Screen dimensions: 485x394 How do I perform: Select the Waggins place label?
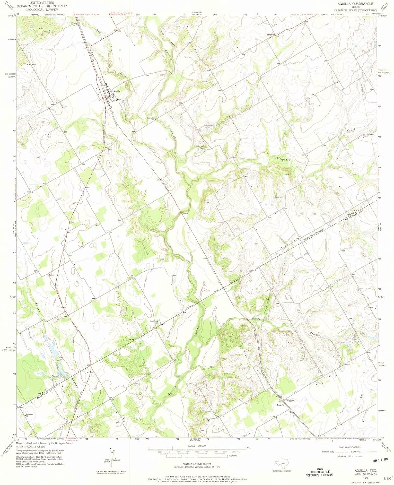point(290,400)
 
